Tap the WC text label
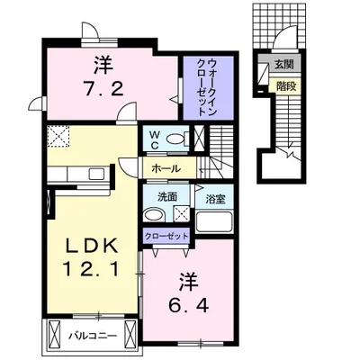click(154, 139)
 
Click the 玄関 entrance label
click(283, 65)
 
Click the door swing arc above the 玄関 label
click(285, 40)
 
